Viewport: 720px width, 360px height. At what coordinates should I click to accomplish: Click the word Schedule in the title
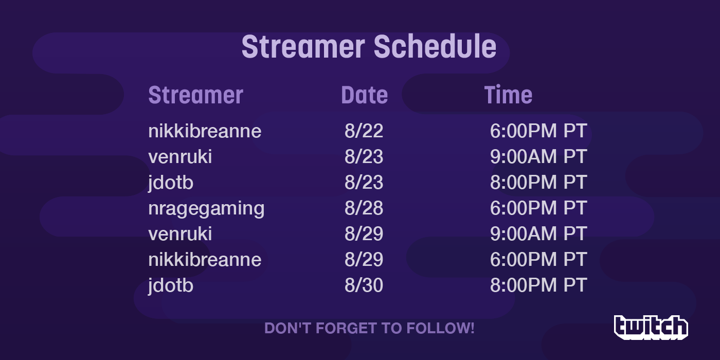tap(435, 47)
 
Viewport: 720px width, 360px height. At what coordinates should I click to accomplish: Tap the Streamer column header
tap(195, 95)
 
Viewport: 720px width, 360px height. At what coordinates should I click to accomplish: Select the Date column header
tap(365, 95)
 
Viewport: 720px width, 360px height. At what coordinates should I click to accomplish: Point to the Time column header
tap(508, 95)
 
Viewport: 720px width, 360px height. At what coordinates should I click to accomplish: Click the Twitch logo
tap(651, 327)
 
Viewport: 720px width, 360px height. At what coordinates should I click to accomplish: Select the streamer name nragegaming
tap(206, 209)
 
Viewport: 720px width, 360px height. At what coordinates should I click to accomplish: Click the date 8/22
tap(364, 131)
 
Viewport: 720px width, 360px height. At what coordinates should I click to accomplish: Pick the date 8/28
tap(364, 208)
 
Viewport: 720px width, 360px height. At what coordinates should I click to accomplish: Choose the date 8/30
tap(364, 285)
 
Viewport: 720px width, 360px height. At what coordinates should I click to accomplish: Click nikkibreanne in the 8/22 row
tap(205, 131)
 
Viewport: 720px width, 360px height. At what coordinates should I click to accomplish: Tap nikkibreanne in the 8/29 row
tap(205, 259)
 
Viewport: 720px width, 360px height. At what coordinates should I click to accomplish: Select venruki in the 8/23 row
tap(180, 156)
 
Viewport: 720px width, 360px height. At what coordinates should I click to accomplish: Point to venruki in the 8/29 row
tap(180, 233)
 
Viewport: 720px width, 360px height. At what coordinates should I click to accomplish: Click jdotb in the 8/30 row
tap(171, 286)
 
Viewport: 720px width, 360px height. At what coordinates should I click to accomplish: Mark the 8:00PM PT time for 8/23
tap(538, 182)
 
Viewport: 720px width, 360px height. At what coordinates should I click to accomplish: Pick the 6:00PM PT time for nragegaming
tap(538, 208)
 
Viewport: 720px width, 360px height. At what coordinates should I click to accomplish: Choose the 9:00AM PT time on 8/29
tap(538, 233)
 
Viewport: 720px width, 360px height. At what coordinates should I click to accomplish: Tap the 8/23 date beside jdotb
tap(364, 182)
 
